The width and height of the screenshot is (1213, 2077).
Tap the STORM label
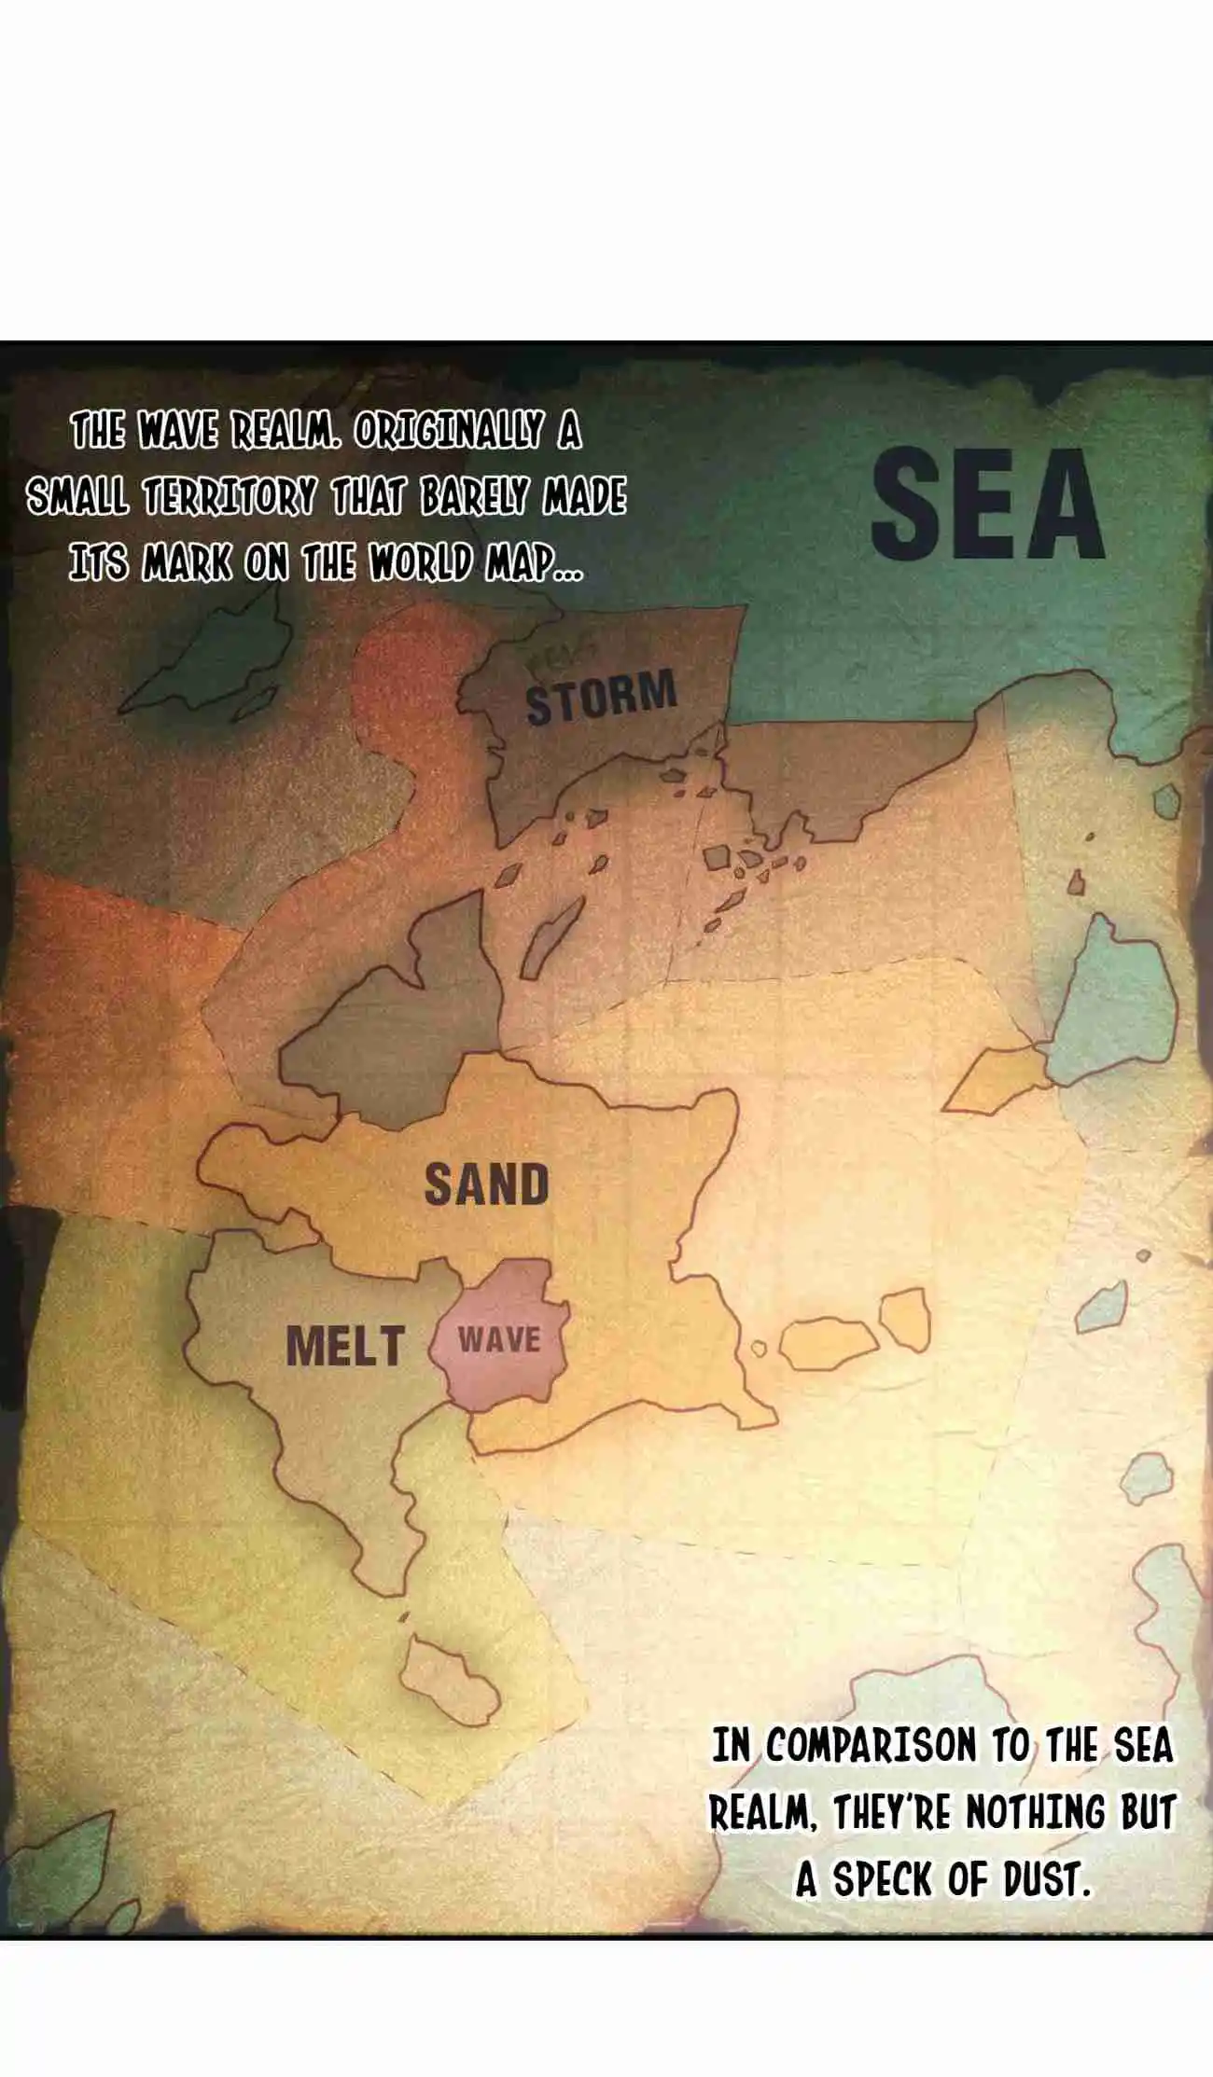[601, 698]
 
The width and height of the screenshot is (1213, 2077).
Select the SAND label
[486, 1184]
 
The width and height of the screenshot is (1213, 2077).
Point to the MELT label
[344, 1347]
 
